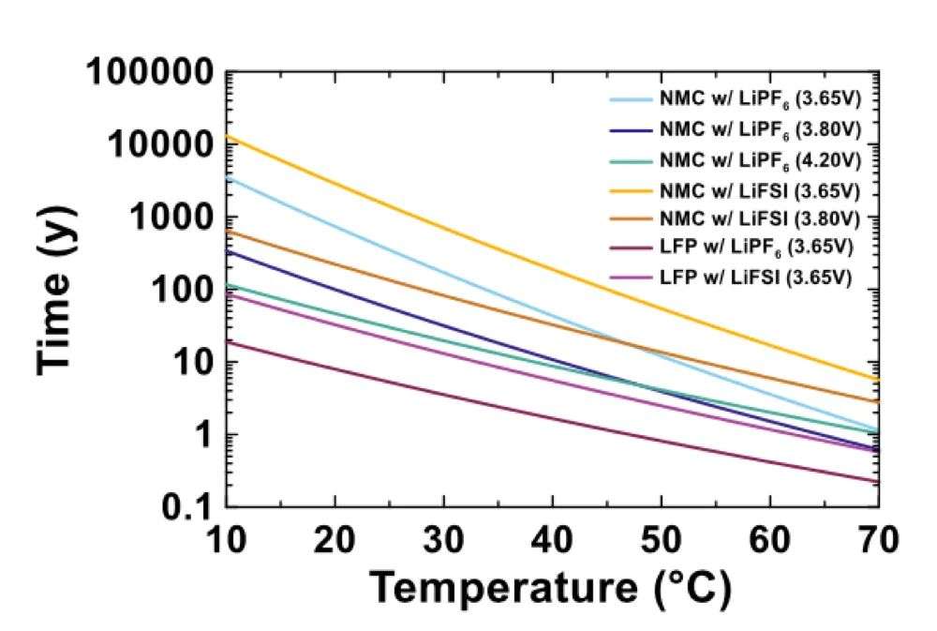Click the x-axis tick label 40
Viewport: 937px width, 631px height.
[x=553, y=541]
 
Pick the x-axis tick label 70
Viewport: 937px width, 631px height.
[x=877, y=541]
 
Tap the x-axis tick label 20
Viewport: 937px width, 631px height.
[x=335, y=541]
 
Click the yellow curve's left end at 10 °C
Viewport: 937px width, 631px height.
[x=229, y=137]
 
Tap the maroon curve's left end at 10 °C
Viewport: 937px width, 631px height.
[x=229, y=342]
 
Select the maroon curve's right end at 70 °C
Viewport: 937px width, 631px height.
[x=877, y=482]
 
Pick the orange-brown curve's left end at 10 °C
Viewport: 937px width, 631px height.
[x=229, y=231]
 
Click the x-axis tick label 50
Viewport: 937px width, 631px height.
[x=662, y=541]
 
